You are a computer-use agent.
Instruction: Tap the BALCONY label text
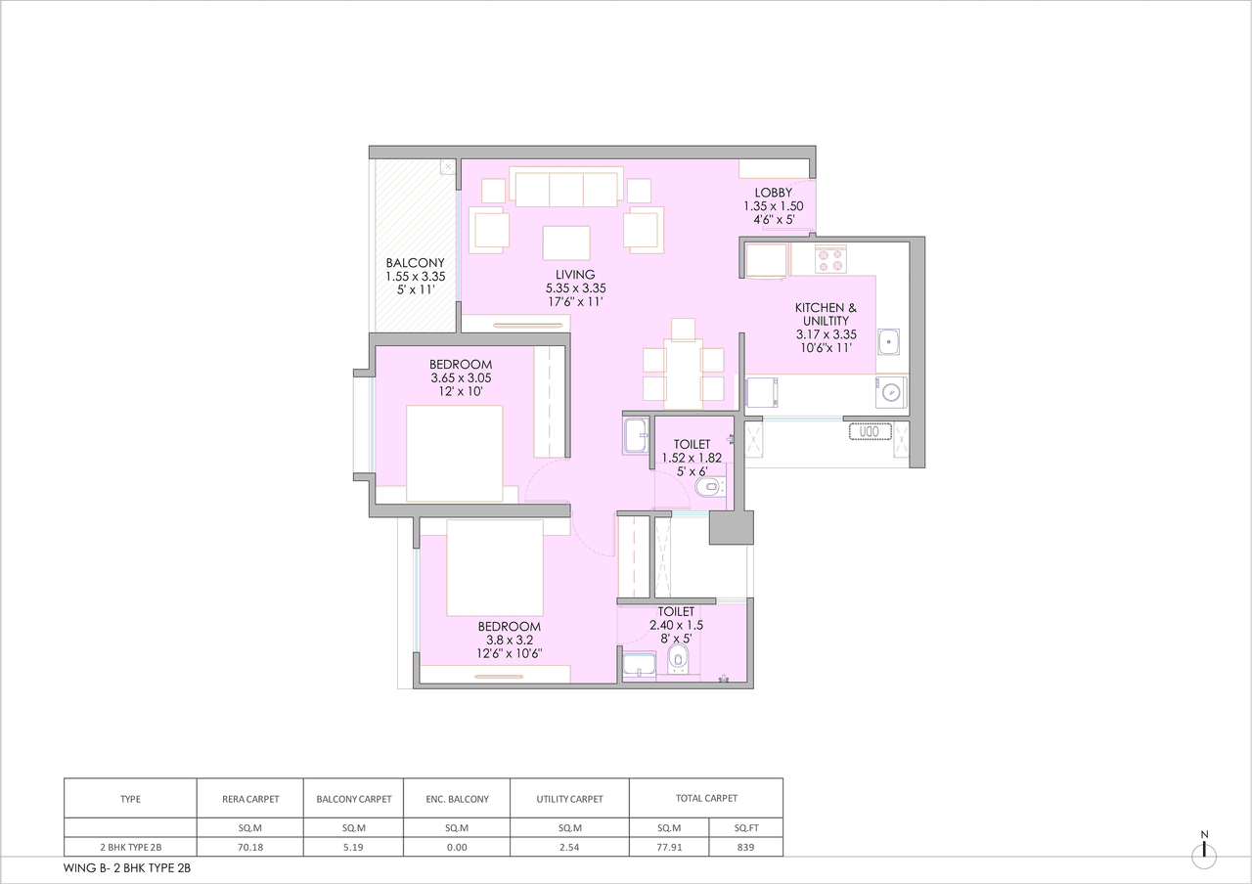[x=415, y=263]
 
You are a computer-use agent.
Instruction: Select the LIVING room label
[x=575, y=275]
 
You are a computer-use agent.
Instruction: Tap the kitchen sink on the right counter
[x=890, y=342]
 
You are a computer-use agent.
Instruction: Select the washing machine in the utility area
[x=890, y=392]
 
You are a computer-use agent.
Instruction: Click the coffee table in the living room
[x=566, y=242]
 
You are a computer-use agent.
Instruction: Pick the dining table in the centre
[x=683, y=374]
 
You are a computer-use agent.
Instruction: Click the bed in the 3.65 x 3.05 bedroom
[x=454, y=454]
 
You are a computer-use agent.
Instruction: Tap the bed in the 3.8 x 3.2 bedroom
[x=494, y=567]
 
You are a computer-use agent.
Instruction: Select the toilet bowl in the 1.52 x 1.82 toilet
[x=706, y=486]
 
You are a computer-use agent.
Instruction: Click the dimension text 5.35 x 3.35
[x=575, y=288]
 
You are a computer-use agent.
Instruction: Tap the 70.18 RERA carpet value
[x=250, y=847]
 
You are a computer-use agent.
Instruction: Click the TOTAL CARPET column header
[x=706, y=799]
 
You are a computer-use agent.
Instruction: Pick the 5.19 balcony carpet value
[x=354, y=847]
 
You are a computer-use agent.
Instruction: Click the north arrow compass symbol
[x=1204, y=854]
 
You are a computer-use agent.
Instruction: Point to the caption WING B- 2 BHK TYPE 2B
[x=121, y=867]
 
